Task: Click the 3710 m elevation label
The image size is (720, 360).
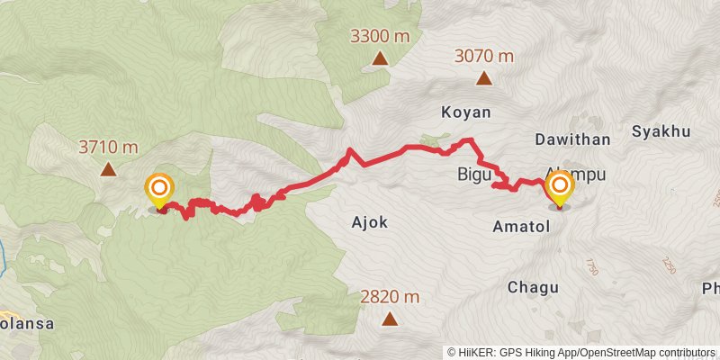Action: click(x=108, y=147)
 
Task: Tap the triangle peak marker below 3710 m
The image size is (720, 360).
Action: click(x=108, y=168)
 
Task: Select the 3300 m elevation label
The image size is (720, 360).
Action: click(x=380, y=37)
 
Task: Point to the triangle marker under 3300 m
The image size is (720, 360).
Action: click(x=380, y=59)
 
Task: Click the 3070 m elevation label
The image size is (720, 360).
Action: click(x=484, y=56)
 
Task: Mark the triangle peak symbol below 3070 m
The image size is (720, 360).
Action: click(x=484, y=78)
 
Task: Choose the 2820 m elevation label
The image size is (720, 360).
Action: click(x=390, y=296)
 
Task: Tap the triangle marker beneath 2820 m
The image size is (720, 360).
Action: click(x=390, y=319)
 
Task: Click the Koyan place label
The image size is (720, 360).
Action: click(x=466, y=112)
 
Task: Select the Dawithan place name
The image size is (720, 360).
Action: click(x=573, y=139)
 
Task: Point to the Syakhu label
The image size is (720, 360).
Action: click(x=661, y=131)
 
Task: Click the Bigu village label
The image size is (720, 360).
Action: click(x=473, y=173)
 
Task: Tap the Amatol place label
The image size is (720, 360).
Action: click(x=521, y=229)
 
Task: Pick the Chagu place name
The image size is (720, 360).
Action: click(x=533, y=288)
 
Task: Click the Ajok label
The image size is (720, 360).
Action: click(x=368, y=221)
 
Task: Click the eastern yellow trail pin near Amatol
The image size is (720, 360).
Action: click(x=560, y=189)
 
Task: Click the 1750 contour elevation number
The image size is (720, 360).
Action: click(x=591, y=267)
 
